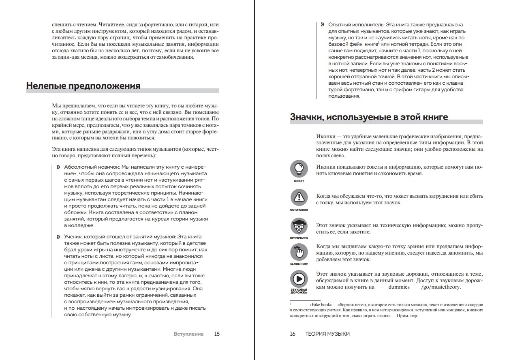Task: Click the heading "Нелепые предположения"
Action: click(83, 86)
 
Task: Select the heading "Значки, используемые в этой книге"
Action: click(369, 117)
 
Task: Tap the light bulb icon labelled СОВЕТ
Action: click(299, 168)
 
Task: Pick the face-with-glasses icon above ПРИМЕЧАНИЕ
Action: click(299, 226)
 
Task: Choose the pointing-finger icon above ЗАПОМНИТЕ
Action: click(299, 252)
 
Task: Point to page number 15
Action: click(217, 334)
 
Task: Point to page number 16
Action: click(293, 334)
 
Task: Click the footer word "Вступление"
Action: click(188, 334)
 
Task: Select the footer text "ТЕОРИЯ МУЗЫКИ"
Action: click(327, 334)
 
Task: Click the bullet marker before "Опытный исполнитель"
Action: click(322, 25)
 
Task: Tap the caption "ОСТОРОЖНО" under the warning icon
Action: click(299, 210)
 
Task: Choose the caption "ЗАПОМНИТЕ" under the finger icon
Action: click(299, 264)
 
